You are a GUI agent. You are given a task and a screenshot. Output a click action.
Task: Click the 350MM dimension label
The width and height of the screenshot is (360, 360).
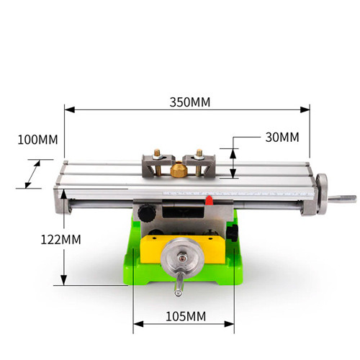pyautogui.click(x=190, y=102)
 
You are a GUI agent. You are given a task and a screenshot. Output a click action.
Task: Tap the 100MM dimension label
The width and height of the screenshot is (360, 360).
pyautogui.click(x=37, y=140)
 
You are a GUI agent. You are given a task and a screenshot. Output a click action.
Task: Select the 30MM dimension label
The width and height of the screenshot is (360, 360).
pyautogui.click(x=282, y=138)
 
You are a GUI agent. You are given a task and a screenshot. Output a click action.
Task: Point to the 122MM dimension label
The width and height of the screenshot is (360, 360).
pyautogui.click(x=60, y=240)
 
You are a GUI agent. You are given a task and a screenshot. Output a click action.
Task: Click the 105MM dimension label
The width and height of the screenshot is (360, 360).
pyautogui.click(x=186, y=316)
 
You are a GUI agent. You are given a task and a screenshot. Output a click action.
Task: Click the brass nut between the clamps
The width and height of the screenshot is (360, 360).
pyautogui.click(x=179, y=169)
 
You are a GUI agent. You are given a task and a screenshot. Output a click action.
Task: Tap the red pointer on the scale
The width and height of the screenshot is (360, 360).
pyautogui.click(x=209, y=200)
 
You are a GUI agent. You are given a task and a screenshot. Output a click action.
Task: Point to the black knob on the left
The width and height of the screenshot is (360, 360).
pyautogui.click(x=147, y=213)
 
